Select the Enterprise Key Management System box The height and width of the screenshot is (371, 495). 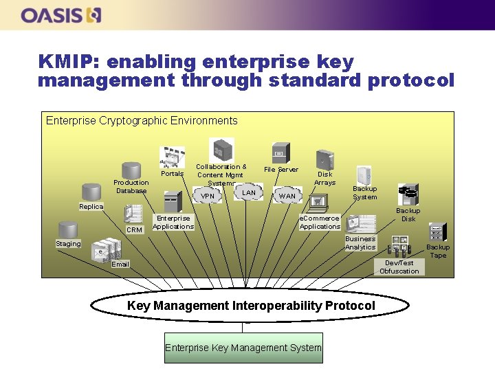pyautogui.click(x=243, y=348)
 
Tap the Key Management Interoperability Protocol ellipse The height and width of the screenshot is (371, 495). pyautogui.click(x=251, y=305)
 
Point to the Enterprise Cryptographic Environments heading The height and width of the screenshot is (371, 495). pyautogui.click(x=142, y=121)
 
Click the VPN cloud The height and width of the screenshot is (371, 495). pyautogui.click(x=208, y=196)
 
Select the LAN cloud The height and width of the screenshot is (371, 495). pyautogui.click(x=249, y=193)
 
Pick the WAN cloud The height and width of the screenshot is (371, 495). pyautogui.click(x=287, y=196)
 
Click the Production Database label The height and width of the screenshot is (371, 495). pyautogui.click(x=131, y=186)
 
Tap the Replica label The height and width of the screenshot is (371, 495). pyautogui.click(x=91, y=207)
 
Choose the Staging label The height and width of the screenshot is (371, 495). pyautogui.click(x=68, y=243)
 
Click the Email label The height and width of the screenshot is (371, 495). pyautogui.click(x=120, y=264)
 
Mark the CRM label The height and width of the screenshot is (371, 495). pyautogui.click(x=134, y=229)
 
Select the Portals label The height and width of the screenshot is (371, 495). pyautogui.click(x=172, y=174)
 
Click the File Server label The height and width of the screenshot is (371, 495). pyautogui.click(x=281, y=170)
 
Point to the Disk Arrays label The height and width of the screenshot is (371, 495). pyautogui.click(x=324, y=178)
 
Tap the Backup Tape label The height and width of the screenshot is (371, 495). pyautogui.click(x=437, y=251)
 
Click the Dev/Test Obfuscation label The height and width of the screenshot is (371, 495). pyautogui.click(x=399, y=267)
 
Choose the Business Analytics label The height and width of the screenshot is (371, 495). pyautogui.click(x=360, y=243)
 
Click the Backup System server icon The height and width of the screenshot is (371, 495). pyautogui.click(x=364, y=175)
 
